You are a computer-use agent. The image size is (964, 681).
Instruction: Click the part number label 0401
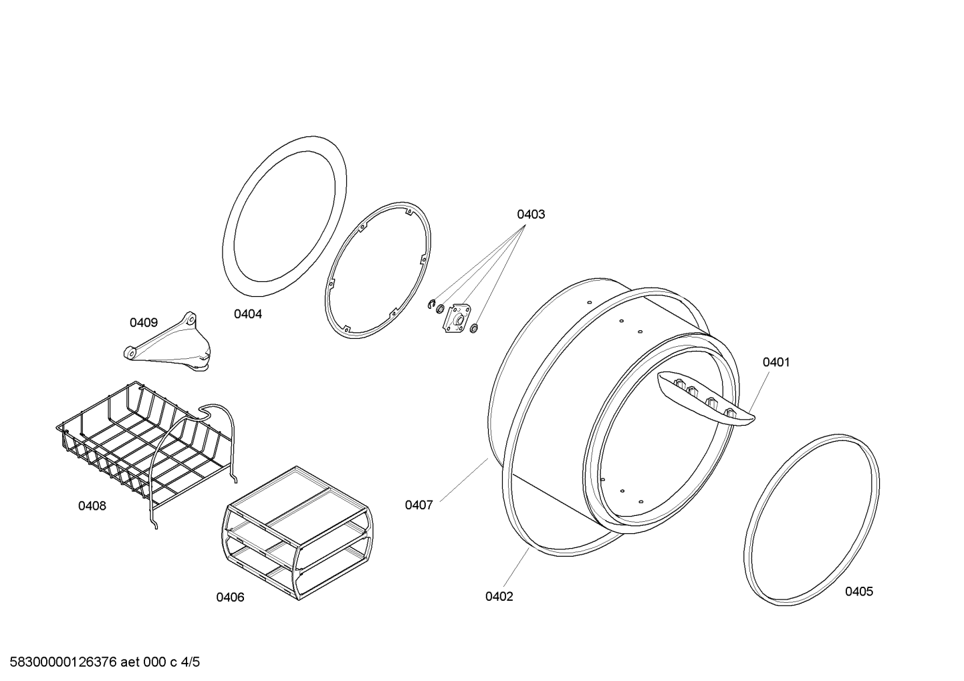point(776,363)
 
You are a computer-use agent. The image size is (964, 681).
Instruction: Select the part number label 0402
point(499,597)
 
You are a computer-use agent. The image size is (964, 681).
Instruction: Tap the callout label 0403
point(531,215)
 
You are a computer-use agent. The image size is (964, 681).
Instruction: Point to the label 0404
point(248,314)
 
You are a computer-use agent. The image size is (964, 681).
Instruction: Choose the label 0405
point(859,591)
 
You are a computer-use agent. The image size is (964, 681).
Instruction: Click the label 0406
point(230,597)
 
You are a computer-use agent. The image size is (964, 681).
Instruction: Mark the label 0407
point(418,505)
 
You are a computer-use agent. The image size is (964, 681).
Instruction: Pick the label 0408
point(92,506)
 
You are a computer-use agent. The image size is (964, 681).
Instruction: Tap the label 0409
point(144,323)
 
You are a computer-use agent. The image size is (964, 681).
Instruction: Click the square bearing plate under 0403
point(457,318)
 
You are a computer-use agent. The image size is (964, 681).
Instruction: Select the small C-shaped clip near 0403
point(432,305)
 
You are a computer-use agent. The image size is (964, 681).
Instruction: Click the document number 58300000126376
point(63,662)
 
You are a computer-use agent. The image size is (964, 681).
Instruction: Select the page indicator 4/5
point(191,662)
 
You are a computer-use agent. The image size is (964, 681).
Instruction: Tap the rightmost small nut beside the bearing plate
point(474,329)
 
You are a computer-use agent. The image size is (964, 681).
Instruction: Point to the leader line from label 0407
point(464,480)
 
